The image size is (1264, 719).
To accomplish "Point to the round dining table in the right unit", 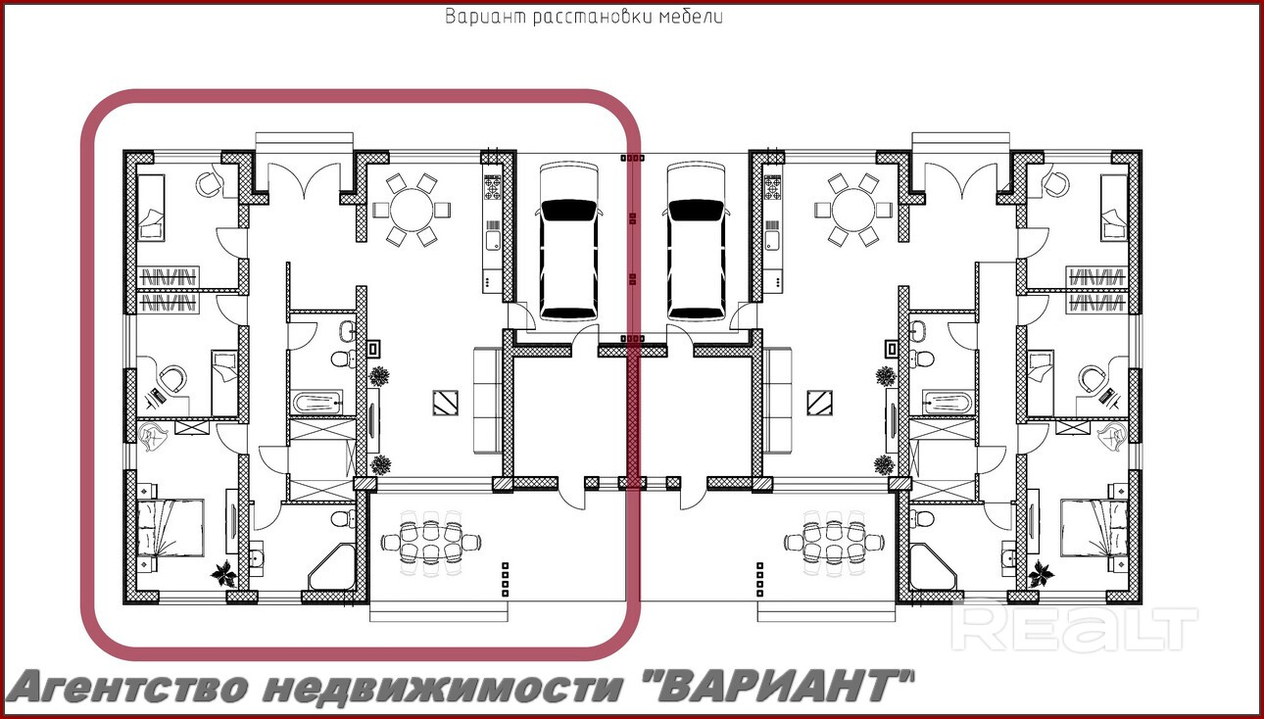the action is [x=852, y=209].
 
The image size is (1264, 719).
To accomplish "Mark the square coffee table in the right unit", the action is [x=818, y=402].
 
